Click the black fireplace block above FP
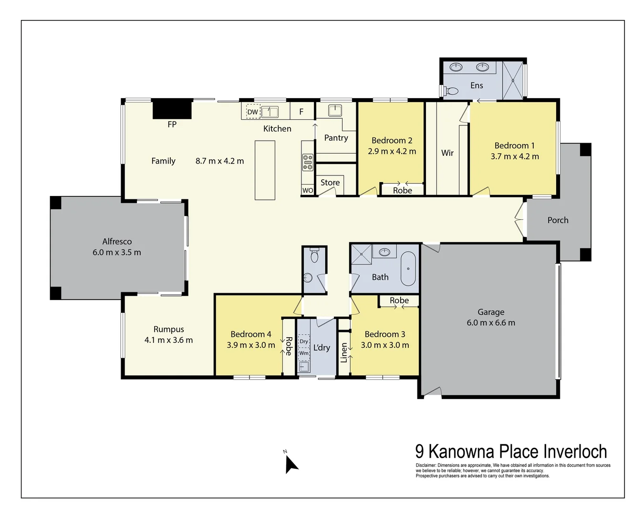[x=172, y=109]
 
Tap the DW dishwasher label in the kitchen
[x=252, y=112]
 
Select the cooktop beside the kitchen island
[x=308, y=162]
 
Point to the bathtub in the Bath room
[x=408, y=269]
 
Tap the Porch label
[x=558, y=220]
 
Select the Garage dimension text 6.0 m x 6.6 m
[x=491, y=323]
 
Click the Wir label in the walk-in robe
[x=447, y=153]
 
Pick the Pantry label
[x=336, y=138]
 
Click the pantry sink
[x=335, y=110]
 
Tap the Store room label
[x=330, y=183]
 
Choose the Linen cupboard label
[x=344, y=352]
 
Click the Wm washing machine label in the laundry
[x=304, y=353]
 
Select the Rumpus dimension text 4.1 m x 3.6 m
[x=168, y=340]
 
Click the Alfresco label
[x=117, y=241]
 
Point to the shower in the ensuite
[x=513, y=81]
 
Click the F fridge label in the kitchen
[x=301, y=112]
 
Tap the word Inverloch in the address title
[x=575, y=452]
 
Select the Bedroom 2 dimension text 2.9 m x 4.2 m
[x=392, y=152]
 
